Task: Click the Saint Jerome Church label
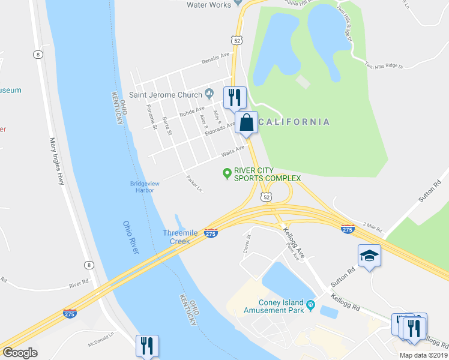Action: [x=166, y=94]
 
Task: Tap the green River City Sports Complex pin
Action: [x=227, y=174]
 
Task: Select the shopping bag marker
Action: [x=246, y=123]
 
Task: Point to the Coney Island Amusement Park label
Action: [x=279, y=306]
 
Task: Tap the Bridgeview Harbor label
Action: [x=142, y=187]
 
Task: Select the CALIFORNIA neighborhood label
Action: [x=294, y=122]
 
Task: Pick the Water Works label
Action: [x=209, y=5]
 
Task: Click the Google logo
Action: [x=19, y=353]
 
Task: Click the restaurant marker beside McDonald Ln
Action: [x=146, y=346]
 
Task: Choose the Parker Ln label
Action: [x=194, y=184]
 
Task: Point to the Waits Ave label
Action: [x=233, y=150]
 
